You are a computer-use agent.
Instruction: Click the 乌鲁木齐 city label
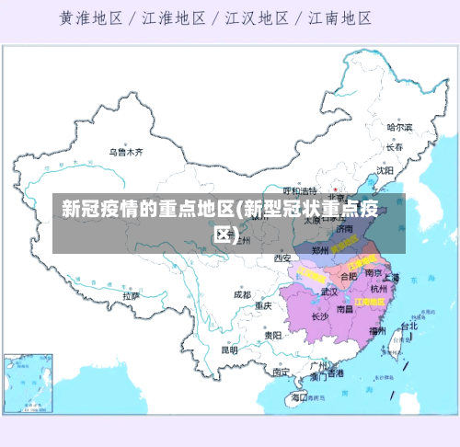[x=126, y=151]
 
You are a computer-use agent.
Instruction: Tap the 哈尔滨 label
[x=399, y=126]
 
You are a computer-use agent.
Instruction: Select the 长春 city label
[x=395, y=146]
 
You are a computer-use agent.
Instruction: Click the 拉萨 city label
[x=131, y=296]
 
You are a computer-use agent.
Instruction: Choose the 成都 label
[x=241, y=295]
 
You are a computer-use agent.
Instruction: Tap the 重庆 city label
[x=264, y=305]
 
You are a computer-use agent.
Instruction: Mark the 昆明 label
[x=230, y=350]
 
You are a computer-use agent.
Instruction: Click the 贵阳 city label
[x=272, y=336]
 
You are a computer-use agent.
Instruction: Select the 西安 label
[x=282, y=258]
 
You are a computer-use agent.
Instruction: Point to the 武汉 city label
[x=329, y=292]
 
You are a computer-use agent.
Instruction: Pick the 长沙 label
[x=319, y=316]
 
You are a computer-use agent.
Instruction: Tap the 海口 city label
[x=298, y=397]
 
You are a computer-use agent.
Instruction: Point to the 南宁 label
[x=281, y=372]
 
